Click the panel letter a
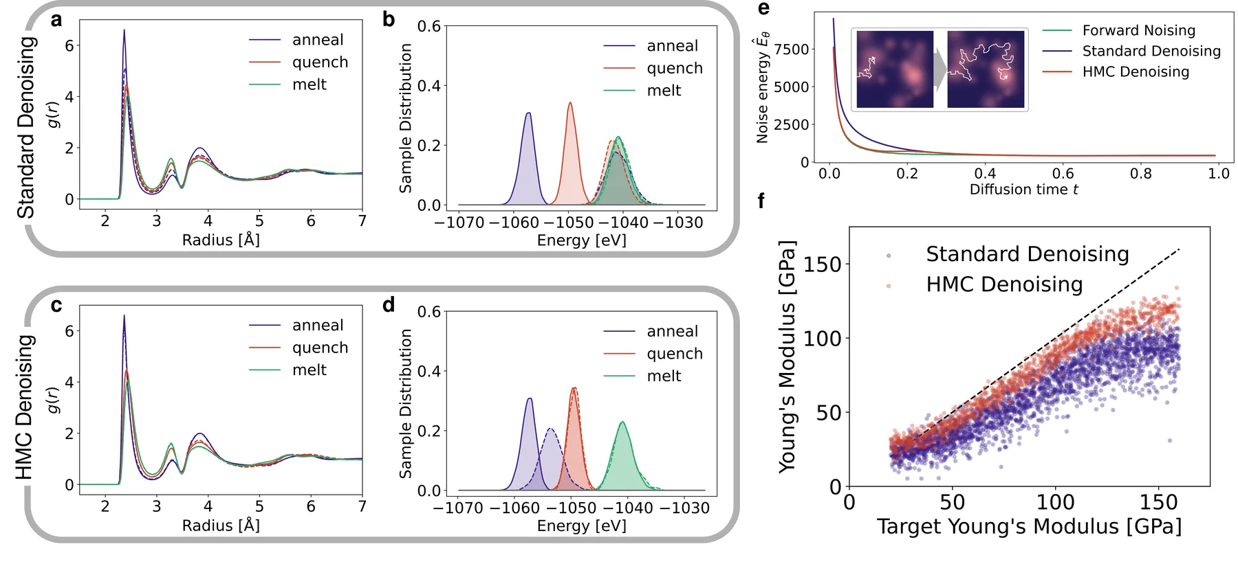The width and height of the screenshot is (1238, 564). [x=56, y=20]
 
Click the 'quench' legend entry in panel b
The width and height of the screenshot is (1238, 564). [x=653, y=68]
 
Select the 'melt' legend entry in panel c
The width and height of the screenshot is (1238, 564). [x=288, y=370]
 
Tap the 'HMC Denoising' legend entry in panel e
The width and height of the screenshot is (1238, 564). [x=1116, y=71]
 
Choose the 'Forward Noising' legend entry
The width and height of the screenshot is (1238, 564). [x=1119, y=30]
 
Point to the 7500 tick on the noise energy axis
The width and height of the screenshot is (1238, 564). [x=792, y=49]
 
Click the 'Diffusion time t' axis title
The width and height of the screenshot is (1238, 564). [x=1023, y=190]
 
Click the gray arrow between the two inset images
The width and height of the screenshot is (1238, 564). [x=940, y=69]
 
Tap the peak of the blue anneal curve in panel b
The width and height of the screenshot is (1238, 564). [x=528, y=113]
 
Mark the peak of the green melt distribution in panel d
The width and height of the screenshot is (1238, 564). [x=622, y=422]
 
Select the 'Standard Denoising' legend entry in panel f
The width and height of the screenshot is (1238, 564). [x=1008, y=254]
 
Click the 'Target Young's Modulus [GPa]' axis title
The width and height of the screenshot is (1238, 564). [x=1029, y=526]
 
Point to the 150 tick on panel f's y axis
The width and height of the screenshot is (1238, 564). [x=823, y=264]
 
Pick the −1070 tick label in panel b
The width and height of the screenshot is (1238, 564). [x=460, y=223]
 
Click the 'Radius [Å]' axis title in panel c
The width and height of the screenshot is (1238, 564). [x=221, y=526]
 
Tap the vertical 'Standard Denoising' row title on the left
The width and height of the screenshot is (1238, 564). [x=25, y=128]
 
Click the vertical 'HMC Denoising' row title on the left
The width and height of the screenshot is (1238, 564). [x=24, y=407]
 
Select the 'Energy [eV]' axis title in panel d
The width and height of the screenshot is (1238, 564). [x=582, y=526]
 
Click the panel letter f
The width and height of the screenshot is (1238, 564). [x=761, y=201]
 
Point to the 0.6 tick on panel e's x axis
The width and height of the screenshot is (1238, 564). [x=1063, y=174]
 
